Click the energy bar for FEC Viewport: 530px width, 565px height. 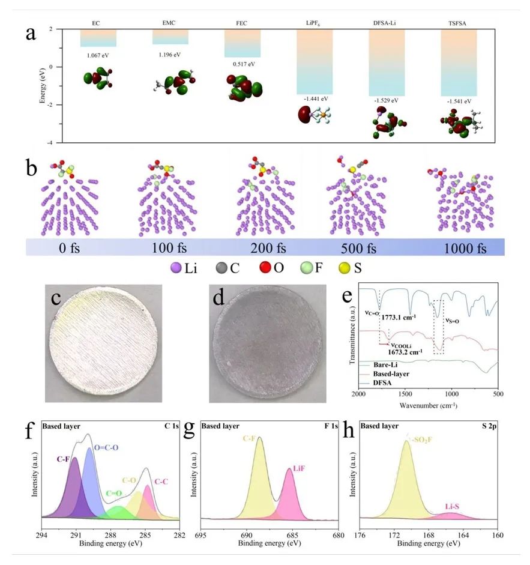(x=242, y=43)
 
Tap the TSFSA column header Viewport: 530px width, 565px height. (x=458, y=22)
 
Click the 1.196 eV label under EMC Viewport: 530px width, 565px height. (x=169, y=55)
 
